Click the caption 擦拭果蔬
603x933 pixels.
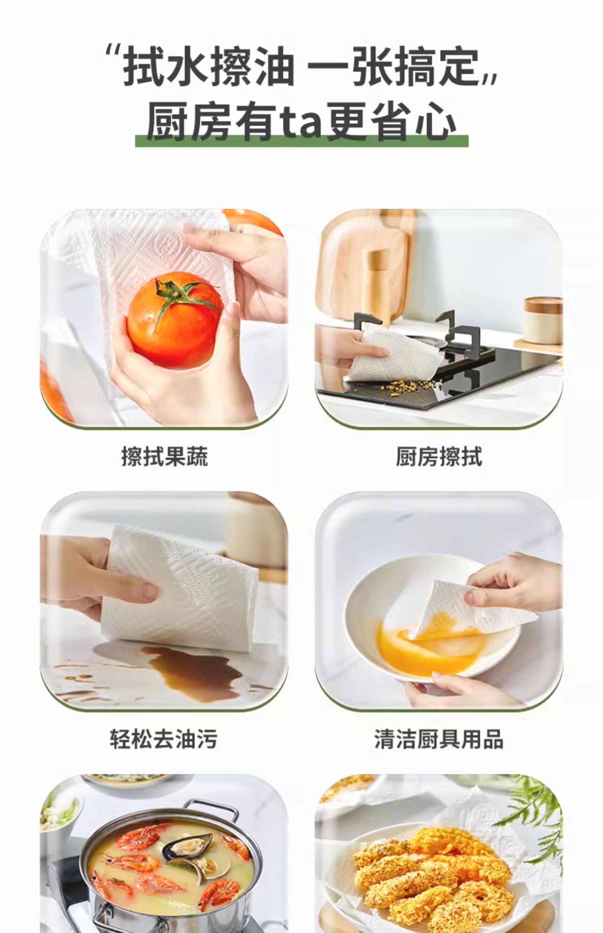click(x=164, y=457)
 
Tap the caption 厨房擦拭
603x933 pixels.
click(x=439, y=457)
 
